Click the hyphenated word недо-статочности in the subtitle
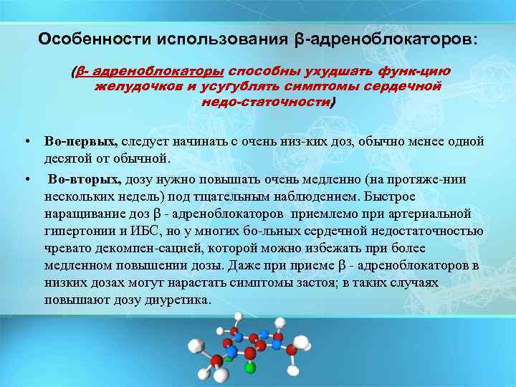267,102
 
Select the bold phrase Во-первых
80,141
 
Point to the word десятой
66,158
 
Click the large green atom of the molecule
249,368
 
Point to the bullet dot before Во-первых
26,141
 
